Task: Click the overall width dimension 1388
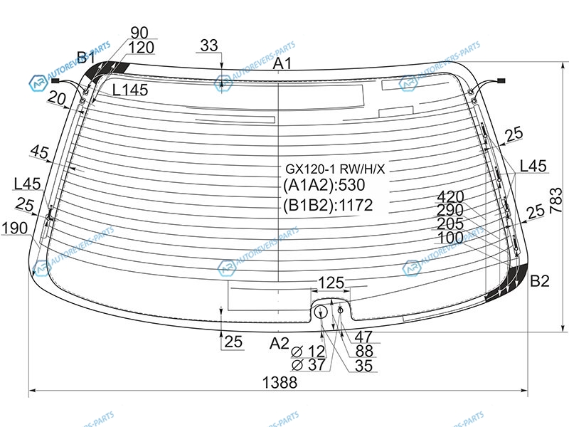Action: click(280, 382)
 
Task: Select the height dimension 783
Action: click(555, 201)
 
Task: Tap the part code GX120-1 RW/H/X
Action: click(334, 169)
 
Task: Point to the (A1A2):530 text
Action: click(324, 185)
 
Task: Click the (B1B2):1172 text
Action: click(328, 206)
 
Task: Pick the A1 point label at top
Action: click(282, 63)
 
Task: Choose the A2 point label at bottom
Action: click(279, 343)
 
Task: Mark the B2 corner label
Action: click(540, 280)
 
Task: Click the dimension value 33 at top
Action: click(209, 46)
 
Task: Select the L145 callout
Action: click(130, 90)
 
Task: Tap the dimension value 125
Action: click(331, 283)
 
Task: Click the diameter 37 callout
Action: click(309, 364)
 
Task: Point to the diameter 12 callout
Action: click(308, 352)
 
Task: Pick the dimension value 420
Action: click(450, 197)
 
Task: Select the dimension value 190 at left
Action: click(14, 228)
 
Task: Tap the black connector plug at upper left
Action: click(55, 80)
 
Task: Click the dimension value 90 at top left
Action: click(139, 33)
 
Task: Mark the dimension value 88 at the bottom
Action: click(364, 352)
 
